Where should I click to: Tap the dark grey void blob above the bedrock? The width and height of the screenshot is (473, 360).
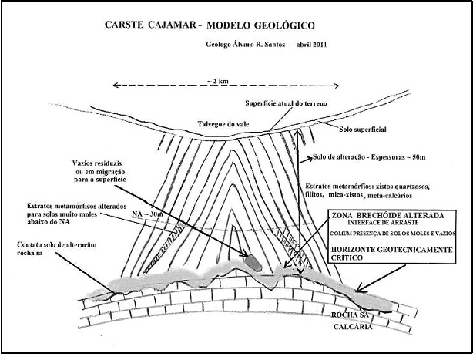(252, 261)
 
